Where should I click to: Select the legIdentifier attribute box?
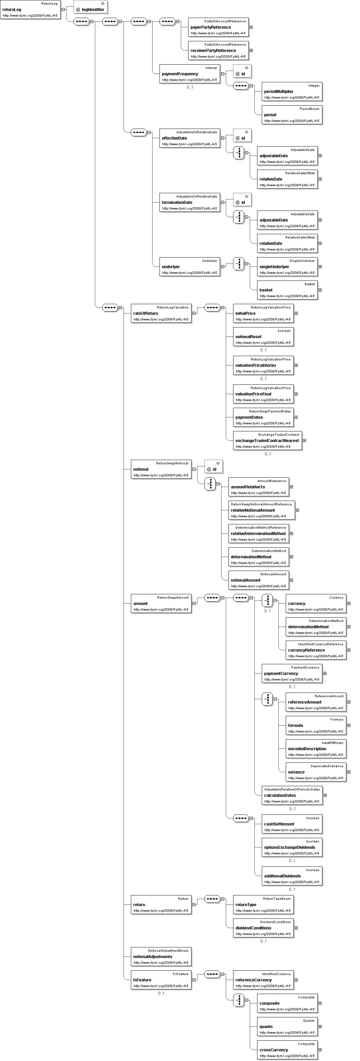[x=91, y=7]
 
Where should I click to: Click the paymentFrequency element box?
[x=190, y=74]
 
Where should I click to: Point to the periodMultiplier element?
[x=292, y=91]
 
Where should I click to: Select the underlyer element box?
[x=190, y=266]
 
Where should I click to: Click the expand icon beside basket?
[x=320, y=290]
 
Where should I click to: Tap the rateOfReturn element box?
[x=162, y=313]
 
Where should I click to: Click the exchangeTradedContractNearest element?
[x=268, y=441]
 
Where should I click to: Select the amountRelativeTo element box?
[x=259, y=487]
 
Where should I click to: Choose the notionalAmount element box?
[x=259, y=580]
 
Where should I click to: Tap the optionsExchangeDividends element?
[x=292, y=847]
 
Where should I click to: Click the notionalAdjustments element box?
[x=162, y=956]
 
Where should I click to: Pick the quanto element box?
[x=287, y=1026]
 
